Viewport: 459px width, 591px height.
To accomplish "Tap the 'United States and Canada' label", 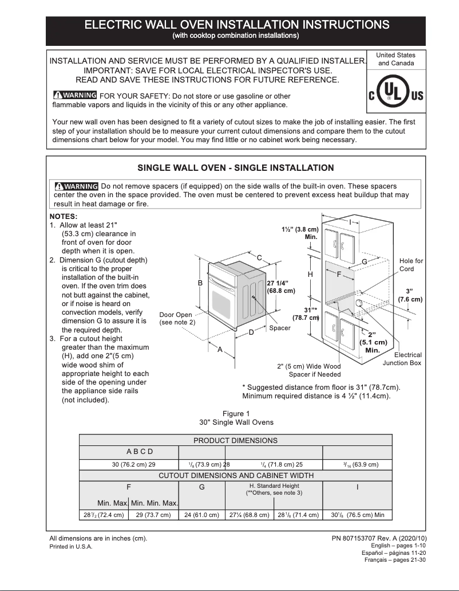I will point(396,59).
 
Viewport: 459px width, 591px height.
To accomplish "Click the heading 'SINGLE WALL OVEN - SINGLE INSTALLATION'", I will point(236,168).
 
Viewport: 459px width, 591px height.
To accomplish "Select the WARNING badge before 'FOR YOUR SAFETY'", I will point(74,95).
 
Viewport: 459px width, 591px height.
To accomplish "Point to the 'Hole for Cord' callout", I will point(411,265).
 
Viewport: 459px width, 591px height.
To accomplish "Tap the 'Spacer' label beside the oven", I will point(280,328).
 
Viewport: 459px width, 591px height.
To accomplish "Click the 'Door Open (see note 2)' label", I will point(176,319).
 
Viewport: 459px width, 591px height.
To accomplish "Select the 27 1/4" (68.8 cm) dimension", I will point(281,287).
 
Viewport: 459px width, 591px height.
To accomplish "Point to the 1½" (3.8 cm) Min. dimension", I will point(300,233).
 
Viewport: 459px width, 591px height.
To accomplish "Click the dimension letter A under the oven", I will point(220,350).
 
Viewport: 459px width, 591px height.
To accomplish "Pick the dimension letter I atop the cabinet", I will point(350,221).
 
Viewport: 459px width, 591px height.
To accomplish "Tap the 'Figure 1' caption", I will point(236,413).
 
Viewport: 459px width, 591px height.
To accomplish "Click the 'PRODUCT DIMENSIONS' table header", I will point(235,440).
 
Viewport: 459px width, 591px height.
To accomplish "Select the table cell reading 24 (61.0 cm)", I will point(201,515).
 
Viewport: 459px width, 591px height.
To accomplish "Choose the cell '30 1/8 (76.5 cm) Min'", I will point(357,515).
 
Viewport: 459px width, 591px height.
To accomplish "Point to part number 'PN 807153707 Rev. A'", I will point(379,538).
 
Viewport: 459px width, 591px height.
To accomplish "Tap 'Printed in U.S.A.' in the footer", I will point(71,547).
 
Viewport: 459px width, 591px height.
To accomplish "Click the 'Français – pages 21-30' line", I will point(395,560).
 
